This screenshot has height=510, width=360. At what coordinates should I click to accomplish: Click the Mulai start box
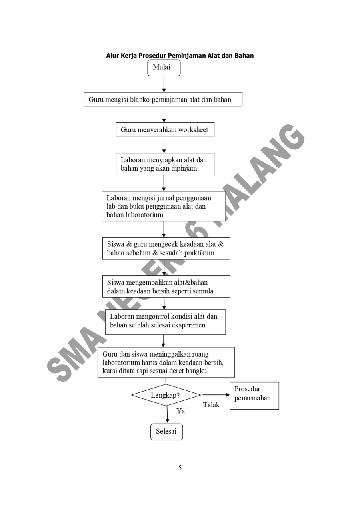click(x=164, y=68)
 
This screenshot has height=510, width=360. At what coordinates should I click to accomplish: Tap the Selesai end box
click(x=166, y=432)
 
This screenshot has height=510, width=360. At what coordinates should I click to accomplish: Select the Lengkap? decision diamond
click(x=166, y=395)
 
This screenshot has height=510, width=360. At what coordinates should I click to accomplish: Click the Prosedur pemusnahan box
click(x=254, y=396)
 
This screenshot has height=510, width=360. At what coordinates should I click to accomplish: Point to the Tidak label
click(x=211, y=405)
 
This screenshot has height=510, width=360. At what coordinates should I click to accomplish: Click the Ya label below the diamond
click(x=180, y=411)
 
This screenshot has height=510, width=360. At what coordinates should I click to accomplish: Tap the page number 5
click(x=180, y=468)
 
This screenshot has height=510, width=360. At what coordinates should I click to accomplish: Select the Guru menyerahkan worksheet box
click(x=165, y=130)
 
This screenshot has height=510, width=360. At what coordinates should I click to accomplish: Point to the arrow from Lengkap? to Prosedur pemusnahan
click(x=216, y=395)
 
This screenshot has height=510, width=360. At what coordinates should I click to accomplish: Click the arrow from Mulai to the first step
click(x=164, y=84)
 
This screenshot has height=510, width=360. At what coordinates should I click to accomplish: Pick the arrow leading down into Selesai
click(x=167, y=414)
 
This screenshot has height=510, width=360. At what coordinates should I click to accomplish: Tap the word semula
click(x=202, y=291)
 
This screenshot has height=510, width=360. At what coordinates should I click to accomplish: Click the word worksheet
click(x=193, y=130)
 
